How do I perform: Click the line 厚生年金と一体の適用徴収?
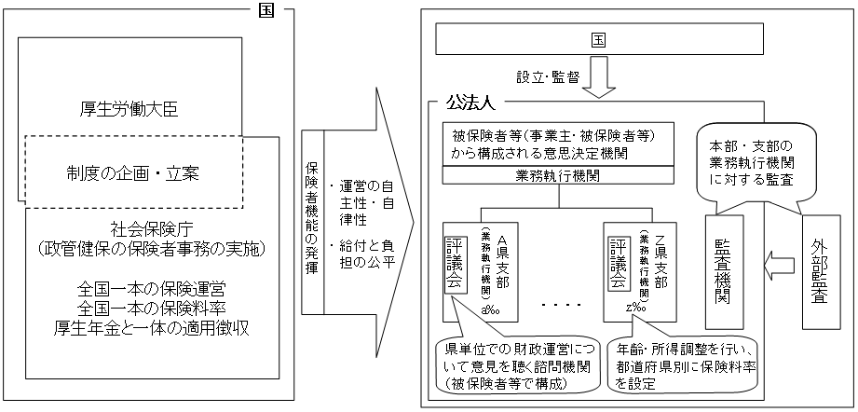pyautogui.click(x=147, y=327)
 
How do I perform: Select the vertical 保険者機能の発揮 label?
pyautogui.click(x=313, y=213)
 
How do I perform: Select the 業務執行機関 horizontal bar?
pyautogui.click(x=570, y=175)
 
